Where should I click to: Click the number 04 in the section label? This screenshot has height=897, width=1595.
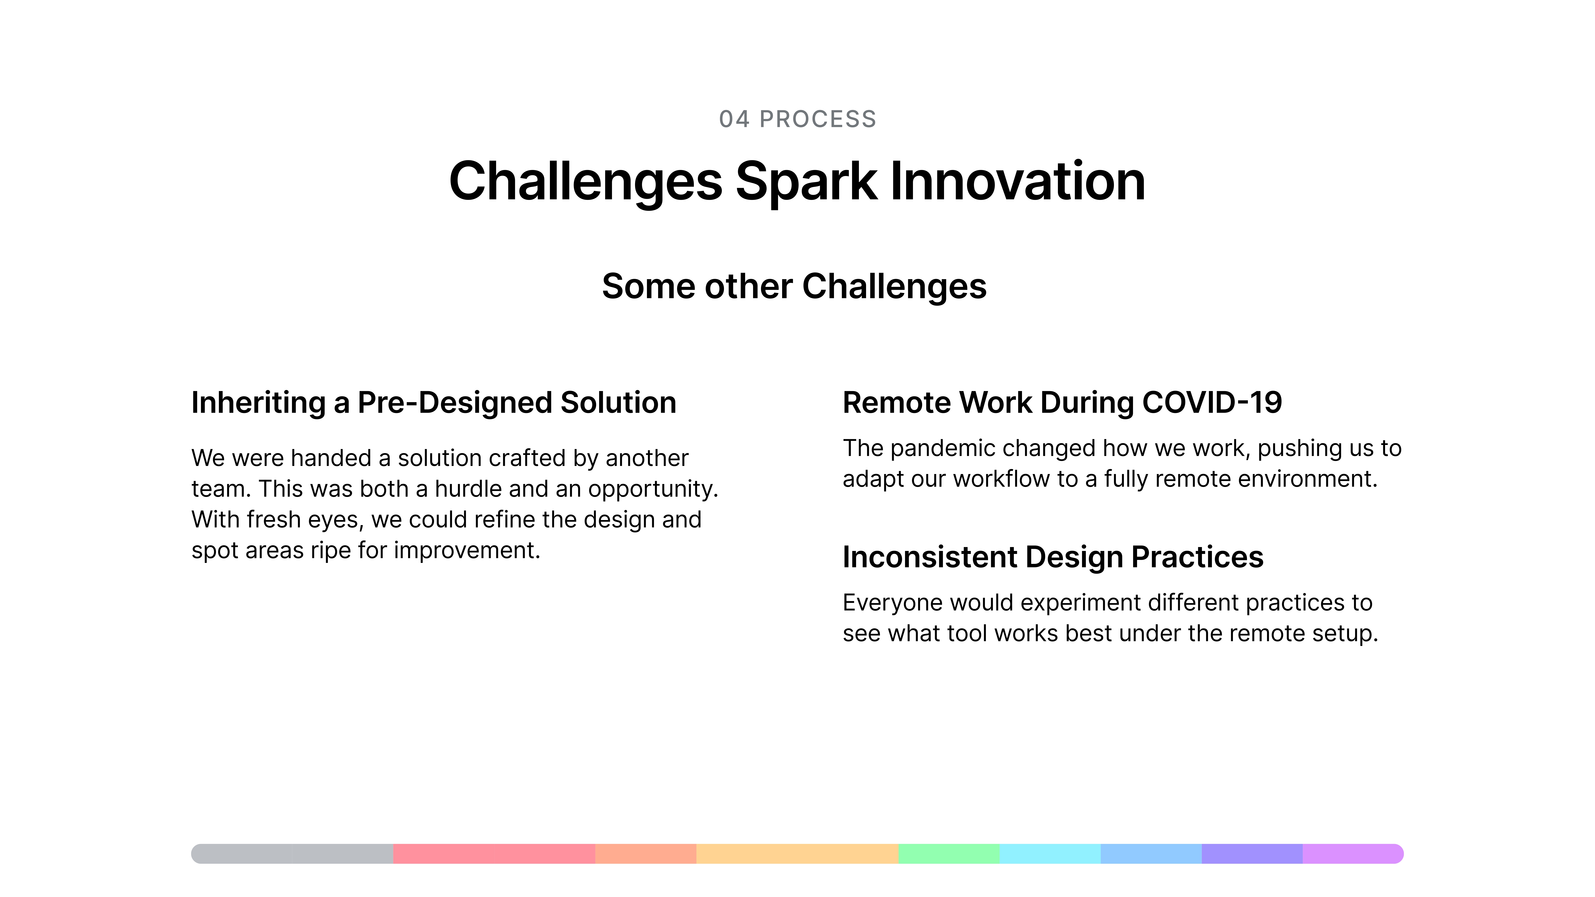[734, 119]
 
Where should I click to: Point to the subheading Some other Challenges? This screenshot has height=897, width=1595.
[794, 287]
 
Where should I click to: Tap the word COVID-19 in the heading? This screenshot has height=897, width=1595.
[1212, 402]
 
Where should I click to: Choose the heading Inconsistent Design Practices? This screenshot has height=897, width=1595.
[1053, 557]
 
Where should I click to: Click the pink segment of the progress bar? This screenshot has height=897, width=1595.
[494, 854]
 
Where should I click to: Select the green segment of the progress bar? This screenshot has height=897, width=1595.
[949, 854]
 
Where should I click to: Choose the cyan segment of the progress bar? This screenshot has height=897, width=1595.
[1050, 854]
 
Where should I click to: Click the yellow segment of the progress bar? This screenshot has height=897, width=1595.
[797, 854]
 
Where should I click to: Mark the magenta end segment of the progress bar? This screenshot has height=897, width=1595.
[1353, 854]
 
